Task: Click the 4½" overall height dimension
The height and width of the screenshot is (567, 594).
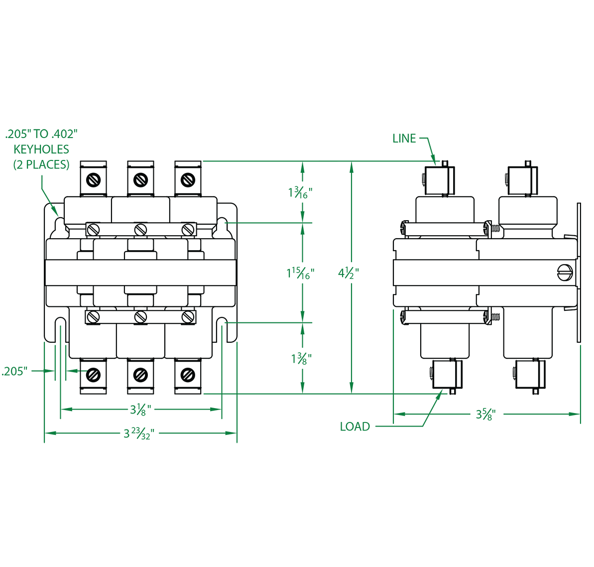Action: coord(349,274)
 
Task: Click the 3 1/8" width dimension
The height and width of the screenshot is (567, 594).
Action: coord(140,410)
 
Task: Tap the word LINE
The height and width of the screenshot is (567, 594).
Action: coord(404,139)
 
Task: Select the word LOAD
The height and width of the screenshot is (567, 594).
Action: coord(355,426)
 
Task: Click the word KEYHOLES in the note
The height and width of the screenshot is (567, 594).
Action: coord(41,149)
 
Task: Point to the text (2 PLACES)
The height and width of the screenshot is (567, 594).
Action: coord(41,164)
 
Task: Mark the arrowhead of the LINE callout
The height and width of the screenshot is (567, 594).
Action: coord(436,163)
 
